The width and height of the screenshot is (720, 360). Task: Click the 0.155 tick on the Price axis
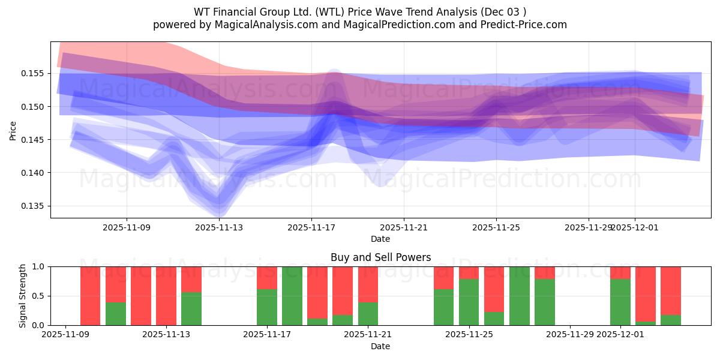coord(35,73)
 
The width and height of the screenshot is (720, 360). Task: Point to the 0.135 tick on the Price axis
coord(35,206)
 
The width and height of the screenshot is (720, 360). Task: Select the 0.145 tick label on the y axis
coord(35,140)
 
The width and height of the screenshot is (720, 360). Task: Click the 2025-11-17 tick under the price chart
coord(311,227)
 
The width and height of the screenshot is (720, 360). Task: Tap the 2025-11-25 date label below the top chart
coord(496,227)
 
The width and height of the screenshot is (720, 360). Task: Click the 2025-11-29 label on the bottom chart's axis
coord(569,334)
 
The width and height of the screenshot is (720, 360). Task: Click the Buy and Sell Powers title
coord(380,257)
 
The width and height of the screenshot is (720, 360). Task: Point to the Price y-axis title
coord(13,130)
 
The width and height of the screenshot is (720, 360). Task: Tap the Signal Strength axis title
coord(22,296)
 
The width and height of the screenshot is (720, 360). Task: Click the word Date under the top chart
coord(380,239)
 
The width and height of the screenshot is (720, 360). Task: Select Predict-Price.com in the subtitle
coord(526,25)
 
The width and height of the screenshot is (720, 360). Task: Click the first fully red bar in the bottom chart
coord(90,296)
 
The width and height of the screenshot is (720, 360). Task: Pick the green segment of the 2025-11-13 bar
coord(191,308)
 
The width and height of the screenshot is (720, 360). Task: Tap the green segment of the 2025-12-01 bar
coord(620,302)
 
